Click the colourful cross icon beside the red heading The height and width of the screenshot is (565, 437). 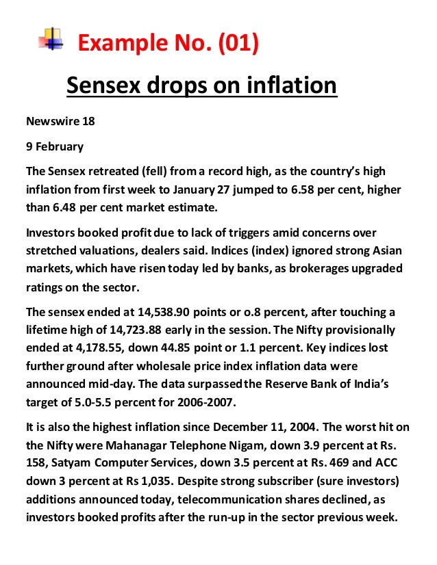pyautogui.click(x=50, y=38)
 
